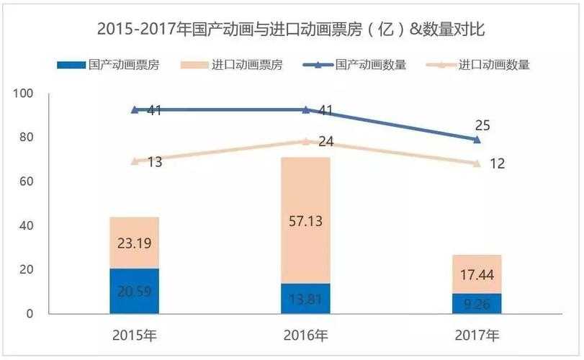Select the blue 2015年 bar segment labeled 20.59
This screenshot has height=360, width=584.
pos(134,291)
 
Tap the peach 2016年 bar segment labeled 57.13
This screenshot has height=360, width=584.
pos(305,220)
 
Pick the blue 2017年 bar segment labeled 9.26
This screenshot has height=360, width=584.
pos(477,304)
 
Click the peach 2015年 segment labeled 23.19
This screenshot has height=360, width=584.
pos(134,243)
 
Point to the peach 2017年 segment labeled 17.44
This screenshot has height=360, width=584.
pos(477,274)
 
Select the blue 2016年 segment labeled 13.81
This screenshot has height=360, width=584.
pos(305,298)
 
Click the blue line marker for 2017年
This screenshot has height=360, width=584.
pos(477,139)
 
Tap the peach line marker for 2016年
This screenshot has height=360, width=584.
pos(305,141)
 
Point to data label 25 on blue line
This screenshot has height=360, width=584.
pos(483,125)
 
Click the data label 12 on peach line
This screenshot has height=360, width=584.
pos(497,164)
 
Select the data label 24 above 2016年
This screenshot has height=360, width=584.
pos(325,142)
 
